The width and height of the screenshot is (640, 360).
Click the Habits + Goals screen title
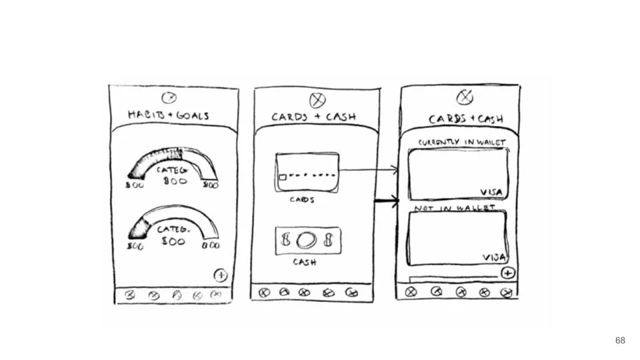[x=168, y=115]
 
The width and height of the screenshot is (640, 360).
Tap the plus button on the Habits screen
[x=220, y=275]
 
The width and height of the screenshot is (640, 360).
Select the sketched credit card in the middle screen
[x=307, y=173]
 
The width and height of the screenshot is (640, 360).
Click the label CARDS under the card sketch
[x=302, y=199]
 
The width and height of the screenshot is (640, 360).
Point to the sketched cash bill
[x=307, y=241]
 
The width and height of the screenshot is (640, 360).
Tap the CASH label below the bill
[x=304, y=263]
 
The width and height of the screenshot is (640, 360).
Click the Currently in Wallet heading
[x=461, y=142]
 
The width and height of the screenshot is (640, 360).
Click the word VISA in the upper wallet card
[x=491, y=192]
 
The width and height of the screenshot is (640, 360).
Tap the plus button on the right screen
[x=508, y=273]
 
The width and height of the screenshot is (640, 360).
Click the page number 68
[x=620, y=340]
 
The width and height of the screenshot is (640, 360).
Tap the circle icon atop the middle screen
[x=318, y=100]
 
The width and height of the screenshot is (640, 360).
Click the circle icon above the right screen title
[x=465, y=97]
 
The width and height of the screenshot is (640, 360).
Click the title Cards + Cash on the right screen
[x=465, y=119]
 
